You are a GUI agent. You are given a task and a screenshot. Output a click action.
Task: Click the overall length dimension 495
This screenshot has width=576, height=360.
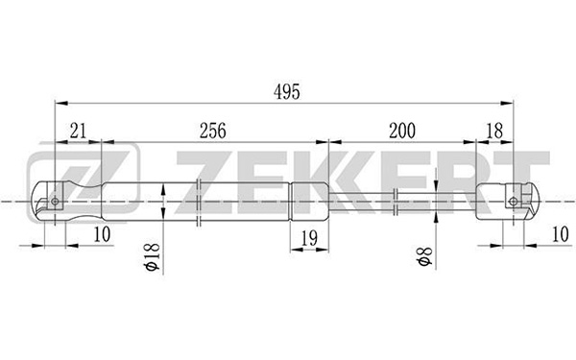[x=286, y=92]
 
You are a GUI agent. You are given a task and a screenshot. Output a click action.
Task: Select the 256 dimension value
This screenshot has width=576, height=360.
[x=213, y=131]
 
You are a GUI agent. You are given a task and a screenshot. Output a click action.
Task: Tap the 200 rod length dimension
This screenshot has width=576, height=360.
[x=402, y=131]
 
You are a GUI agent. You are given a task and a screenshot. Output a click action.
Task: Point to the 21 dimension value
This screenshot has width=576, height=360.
[x=78, y=131]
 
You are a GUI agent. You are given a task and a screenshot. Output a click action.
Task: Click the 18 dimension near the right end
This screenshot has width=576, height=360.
[x=494, y=131]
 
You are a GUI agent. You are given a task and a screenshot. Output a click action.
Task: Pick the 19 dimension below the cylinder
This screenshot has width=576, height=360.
[x=309, y=238]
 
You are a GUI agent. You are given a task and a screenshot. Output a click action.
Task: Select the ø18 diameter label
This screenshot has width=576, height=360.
[x=153, y=256]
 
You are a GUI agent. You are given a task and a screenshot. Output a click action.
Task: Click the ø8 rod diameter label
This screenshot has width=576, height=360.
[x=424, y=256]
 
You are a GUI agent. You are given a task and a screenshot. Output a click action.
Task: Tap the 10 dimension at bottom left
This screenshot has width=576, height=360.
[x=102, y=234]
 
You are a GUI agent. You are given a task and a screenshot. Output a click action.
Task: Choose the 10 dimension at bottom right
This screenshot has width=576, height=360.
[x=561, y=234]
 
